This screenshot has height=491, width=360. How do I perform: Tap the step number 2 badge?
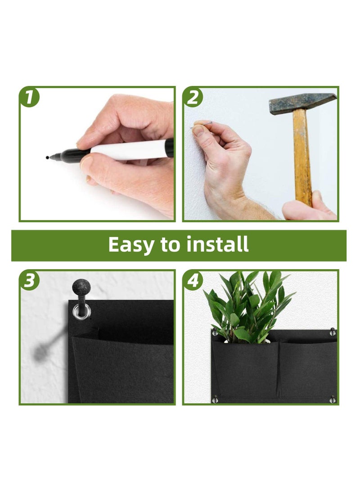(x=193, y=98)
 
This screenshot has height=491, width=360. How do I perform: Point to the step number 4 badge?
(x=193, y=281)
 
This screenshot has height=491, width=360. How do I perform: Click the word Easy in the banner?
(x=130, y=244)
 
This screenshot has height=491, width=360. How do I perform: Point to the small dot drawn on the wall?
(x=47, y=158)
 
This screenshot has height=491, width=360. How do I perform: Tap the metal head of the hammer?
(x=301, y=103)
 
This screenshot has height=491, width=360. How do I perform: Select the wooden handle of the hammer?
(x=301, y=158)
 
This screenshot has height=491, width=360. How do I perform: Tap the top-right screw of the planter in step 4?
(x=333, y=332)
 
